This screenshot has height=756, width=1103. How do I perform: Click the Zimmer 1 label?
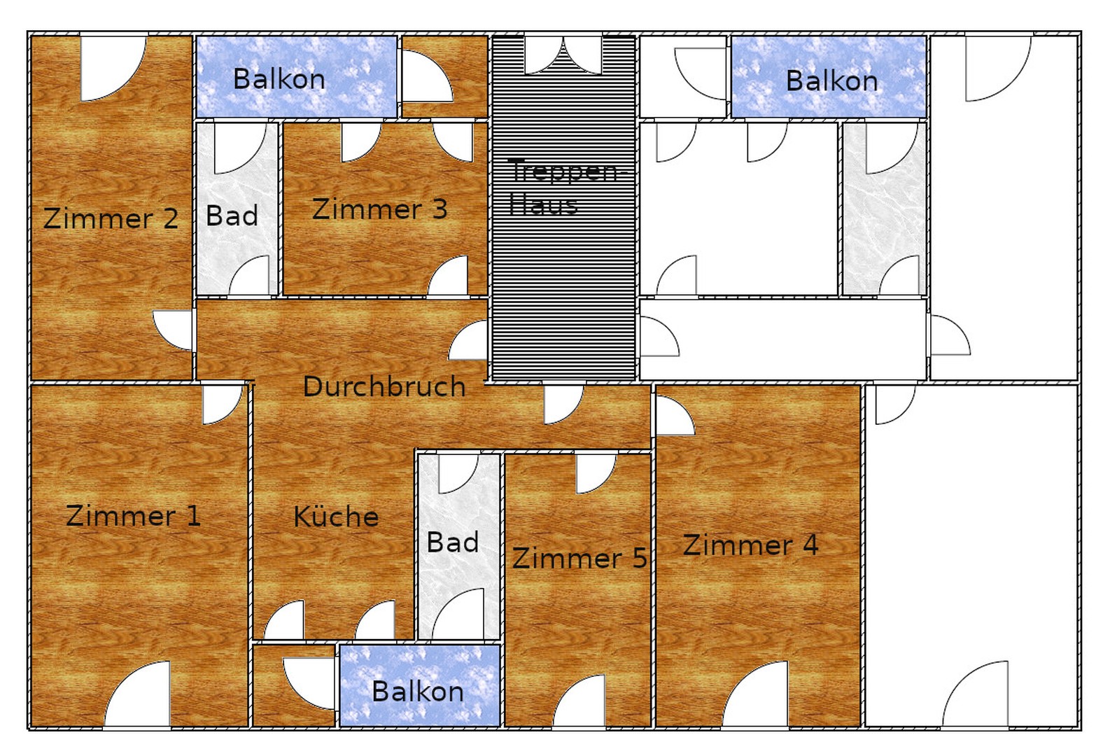[x=133, y=517]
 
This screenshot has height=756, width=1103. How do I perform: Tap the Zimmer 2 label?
[x=111, y=218]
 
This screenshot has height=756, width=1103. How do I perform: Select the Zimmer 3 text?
[x=379, y=209]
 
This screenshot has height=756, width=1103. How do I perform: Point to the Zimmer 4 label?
[x=750, y=545]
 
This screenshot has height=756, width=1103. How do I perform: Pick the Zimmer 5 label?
[x=579, y=559]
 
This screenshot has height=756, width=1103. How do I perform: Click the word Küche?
[x=336, y=517]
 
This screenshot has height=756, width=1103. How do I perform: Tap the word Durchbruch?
[x=384, y=387]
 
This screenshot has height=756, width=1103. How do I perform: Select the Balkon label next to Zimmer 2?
[x=279, y=79]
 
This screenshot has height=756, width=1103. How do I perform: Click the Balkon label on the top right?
[x=831, y=81]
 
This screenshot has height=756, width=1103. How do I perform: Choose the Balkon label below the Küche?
[x=417, y=692]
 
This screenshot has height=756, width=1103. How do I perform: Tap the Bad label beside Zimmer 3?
[x=232, y=216]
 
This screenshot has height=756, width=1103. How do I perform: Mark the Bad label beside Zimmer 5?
[x=453, y=542]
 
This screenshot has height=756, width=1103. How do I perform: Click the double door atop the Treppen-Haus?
[x=563, y=55]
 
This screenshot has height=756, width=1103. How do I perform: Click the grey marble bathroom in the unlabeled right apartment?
[x=884, y=209]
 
